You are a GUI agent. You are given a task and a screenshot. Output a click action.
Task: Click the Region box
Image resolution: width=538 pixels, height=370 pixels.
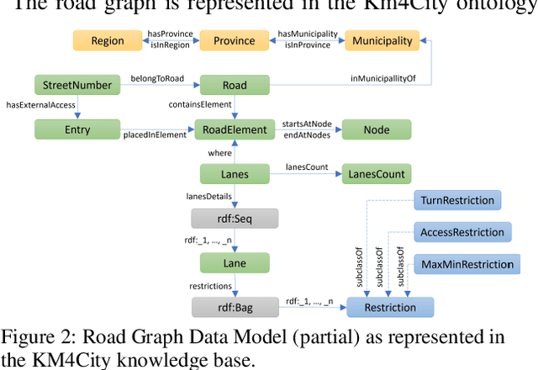point(107,40)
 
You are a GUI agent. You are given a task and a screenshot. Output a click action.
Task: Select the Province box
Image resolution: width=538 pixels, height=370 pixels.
point(234,40)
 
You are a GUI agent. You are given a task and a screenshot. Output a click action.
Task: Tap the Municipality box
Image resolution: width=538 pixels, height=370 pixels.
point(382,40)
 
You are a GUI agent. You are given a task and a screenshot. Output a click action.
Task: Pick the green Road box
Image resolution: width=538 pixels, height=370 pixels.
point(235,85)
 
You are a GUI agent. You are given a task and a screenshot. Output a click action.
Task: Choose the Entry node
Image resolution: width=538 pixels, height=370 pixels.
point(76,129)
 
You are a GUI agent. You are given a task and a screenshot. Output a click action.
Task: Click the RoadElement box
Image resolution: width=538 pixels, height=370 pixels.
point(235,129)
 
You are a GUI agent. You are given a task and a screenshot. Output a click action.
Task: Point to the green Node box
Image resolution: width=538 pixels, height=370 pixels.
point(376,129)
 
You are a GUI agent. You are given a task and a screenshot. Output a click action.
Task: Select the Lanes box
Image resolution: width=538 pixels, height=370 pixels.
point(235,174)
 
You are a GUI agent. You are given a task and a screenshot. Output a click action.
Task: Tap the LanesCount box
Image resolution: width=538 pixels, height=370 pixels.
point(376,174)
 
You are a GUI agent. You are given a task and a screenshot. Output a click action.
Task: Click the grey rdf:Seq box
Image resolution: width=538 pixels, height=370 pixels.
point(235,219)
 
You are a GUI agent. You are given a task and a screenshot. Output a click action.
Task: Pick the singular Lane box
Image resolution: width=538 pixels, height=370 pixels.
point(235,262)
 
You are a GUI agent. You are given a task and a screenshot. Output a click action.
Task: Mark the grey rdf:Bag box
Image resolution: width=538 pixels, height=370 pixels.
point(235,307)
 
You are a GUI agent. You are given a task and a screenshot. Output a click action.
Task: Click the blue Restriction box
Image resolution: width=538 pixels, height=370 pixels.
point(389,307)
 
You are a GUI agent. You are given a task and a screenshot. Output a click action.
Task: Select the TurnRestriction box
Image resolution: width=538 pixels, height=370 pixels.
point(457,200)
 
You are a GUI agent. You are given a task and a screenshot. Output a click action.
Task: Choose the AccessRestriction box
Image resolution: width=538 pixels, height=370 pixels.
point(462,232)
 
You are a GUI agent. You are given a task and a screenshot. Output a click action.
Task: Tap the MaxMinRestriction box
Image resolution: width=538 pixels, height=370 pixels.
point(467,264)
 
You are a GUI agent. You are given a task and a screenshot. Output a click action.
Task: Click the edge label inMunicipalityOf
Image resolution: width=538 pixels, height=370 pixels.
point(382,79)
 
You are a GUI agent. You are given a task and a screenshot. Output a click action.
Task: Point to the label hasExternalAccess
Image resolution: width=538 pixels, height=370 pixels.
point(40,105)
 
